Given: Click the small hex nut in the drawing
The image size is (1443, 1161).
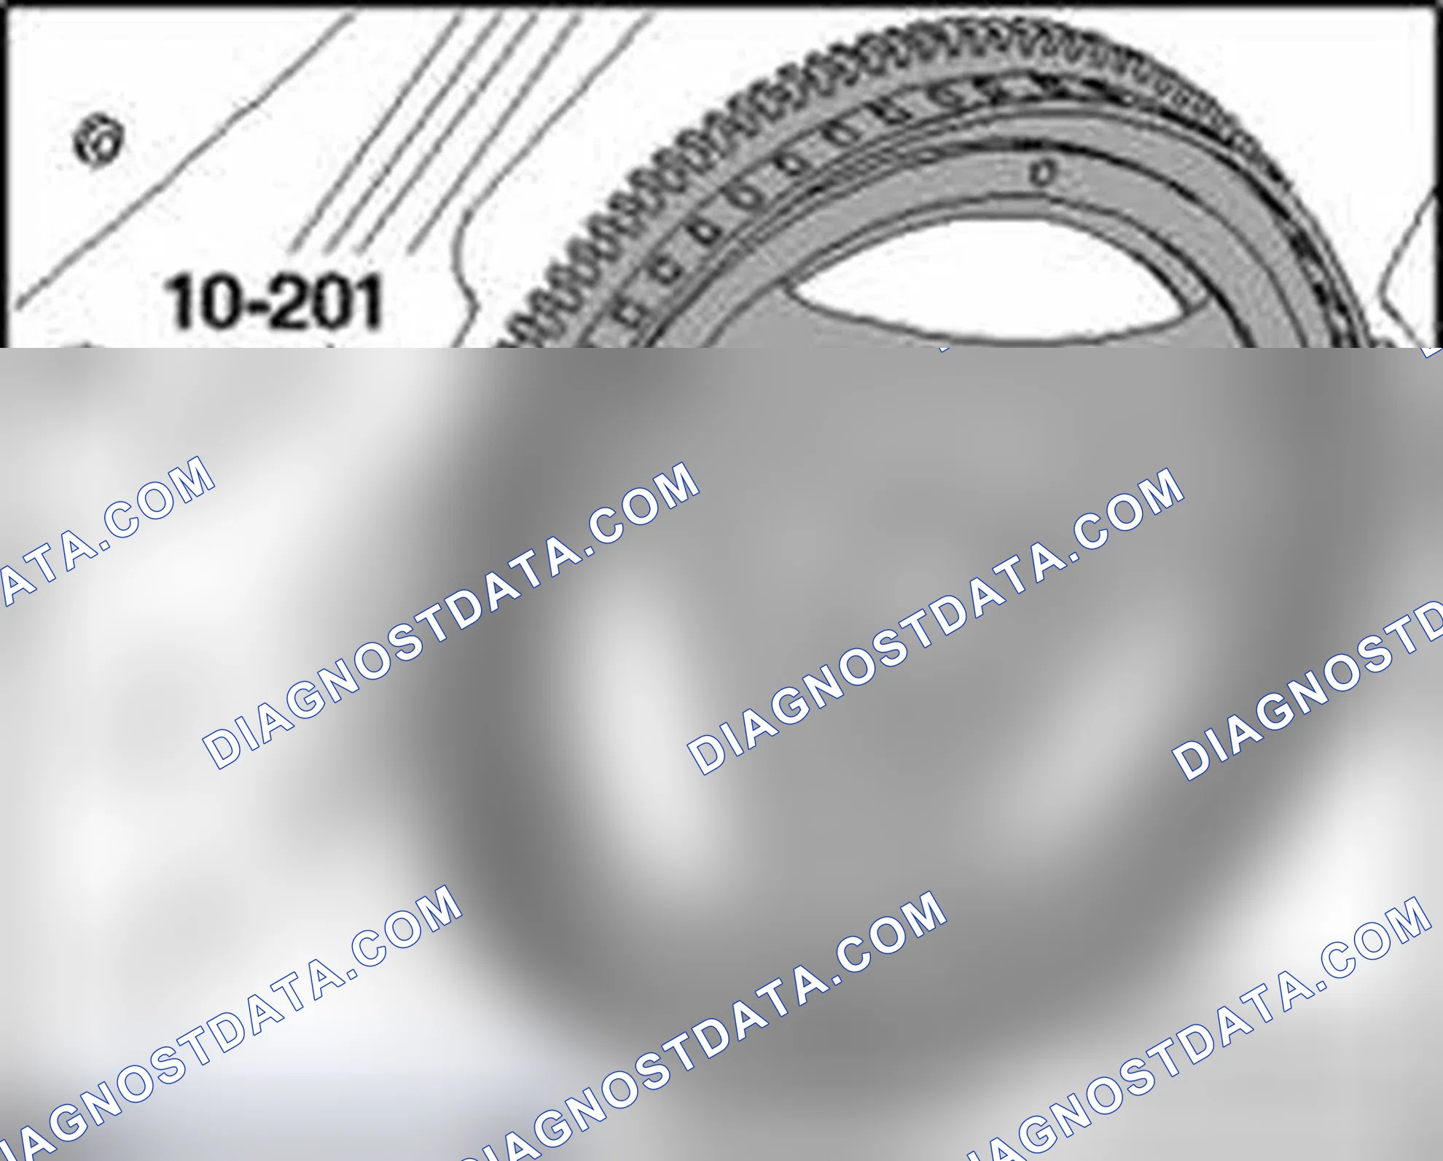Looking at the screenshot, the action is pyautogui.click(x=100, y=139).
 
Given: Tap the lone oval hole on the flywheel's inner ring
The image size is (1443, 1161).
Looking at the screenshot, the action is pyautogui.click(x=1043, y=173).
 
